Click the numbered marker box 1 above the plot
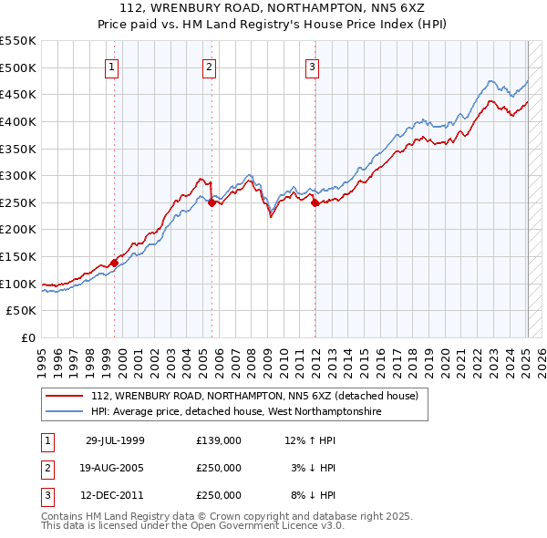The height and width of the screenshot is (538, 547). (x=111, y=66)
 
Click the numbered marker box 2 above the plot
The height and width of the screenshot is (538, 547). (x=209, y=66)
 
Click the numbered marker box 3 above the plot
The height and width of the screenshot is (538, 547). (x=312, y=66)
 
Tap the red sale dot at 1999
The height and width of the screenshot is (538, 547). (x=115, y=263)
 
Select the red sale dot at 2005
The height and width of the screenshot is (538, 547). (x=212, y=203)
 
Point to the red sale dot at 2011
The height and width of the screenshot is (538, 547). (x=315, y=203)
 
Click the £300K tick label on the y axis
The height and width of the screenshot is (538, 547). (x=18, y=175)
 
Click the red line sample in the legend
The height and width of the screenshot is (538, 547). (x=64, y=396)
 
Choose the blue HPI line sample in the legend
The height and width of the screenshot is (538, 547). (x=64, y=412)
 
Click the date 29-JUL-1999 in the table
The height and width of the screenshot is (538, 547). (x=115, y=440)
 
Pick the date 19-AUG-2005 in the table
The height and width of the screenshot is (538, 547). (x=115, y=468)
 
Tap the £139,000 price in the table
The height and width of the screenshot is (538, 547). (x=219, y=440)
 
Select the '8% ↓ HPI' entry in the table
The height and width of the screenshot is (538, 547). (x=312, y=495)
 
